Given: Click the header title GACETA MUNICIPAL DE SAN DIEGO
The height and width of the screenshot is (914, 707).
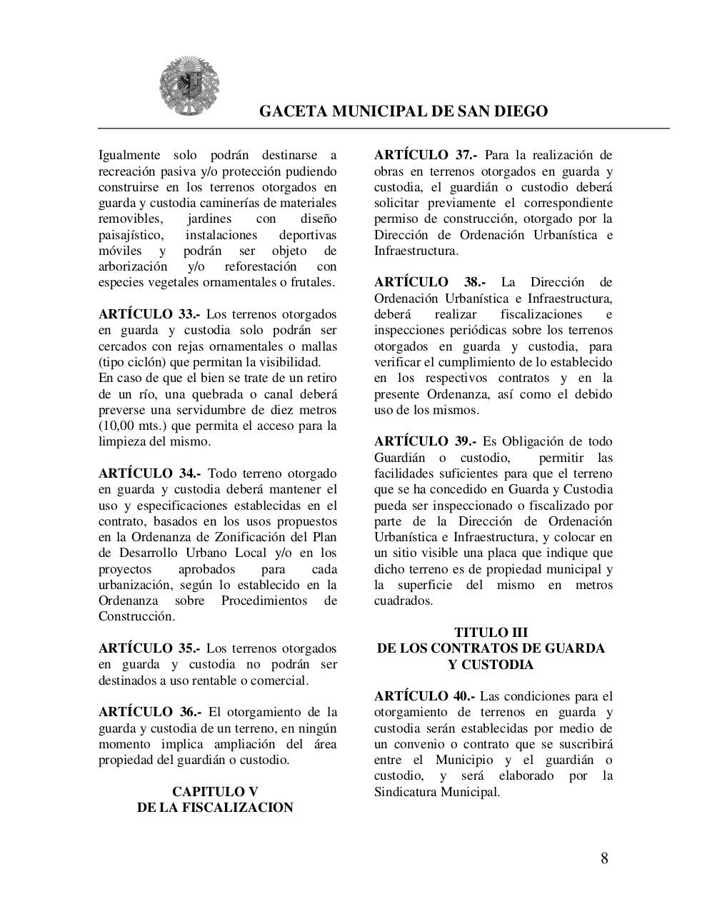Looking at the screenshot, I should [403, 111].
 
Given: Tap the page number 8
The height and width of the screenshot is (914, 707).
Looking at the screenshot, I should [604, 858].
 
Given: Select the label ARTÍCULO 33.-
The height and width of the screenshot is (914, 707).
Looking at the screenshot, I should [149, 314].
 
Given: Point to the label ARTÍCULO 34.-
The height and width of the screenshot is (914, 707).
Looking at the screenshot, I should [149, 473].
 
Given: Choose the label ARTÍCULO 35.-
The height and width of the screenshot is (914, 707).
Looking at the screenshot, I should [149, 648].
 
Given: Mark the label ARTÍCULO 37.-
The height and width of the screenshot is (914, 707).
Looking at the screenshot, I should [426, 156].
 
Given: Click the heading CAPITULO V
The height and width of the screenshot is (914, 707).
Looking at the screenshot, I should [215, 792].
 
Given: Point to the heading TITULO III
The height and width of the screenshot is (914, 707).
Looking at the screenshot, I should [491, 633].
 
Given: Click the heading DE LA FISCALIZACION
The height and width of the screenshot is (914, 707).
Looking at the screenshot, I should [215, 808].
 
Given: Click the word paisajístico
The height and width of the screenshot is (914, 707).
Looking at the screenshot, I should [131, 235].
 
